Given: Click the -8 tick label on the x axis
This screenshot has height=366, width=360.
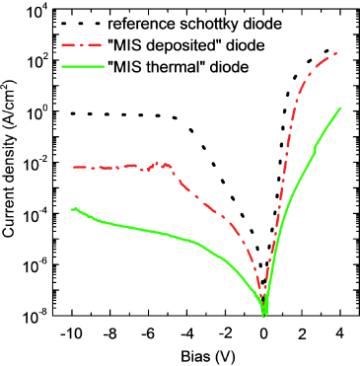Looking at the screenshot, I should [x=109, y=331].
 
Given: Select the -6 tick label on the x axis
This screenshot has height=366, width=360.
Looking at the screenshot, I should [x=148, y=331].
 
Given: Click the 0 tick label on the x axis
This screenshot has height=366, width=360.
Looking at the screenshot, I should [x=264, y=331].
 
